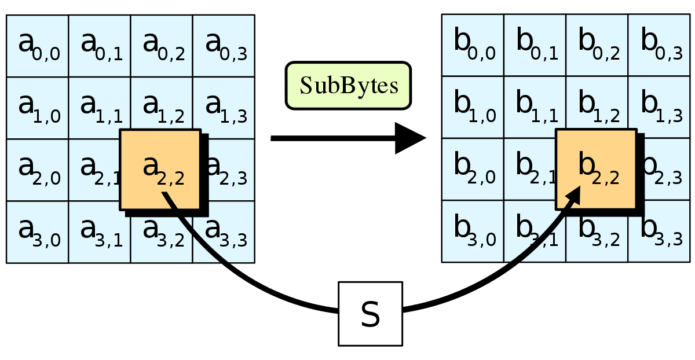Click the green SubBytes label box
[348, 86]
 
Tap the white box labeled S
[370, 314]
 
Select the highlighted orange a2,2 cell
[160, 169]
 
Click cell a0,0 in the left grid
[38, 46]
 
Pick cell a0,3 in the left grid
[224, 46]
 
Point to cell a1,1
[100, 108]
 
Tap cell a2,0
[38, 170]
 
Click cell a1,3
[224, 108]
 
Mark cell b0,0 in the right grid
[473, 46]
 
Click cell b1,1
[535, 108]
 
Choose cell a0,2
[162, 46]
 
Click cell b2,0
[473, 170]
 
